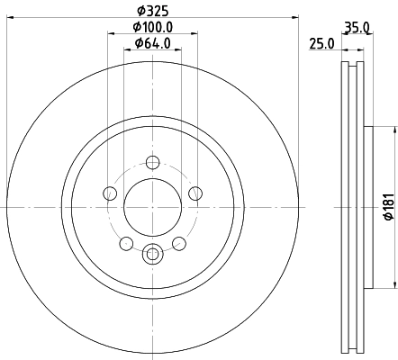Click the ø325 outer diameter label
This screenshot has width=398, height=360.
153,11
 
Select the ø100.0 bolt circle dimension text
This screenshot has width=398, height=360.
153,27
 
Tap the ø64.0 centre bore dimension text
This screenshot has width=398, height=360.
153,43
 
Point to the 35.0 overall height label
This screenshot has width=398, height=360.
357,28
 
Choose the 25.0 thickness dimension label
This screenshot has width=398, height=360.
321,44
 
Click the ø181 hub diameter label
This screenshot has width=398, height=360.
389,207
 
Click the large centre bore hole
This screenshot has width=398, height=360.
153,207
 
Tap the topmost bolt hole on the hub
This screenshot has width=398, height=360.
153,163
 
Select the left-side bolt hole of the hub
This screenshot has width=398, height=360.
110,193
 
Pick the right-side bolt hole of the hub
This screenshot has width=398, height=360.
195,193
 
